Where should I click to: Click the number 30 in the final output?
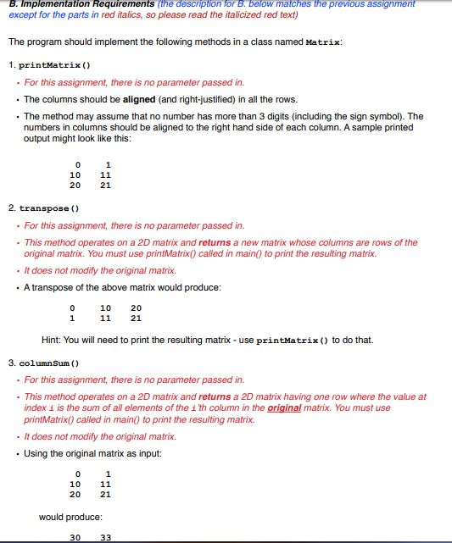(75, 536)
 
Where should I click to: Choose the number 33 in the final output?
(105, 536)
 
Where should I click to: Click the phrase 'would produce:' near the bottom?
(71, 516)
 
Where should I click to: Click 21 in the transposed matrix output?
(136, 319)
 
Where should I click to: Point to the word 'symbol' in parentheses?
(384, 116)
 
